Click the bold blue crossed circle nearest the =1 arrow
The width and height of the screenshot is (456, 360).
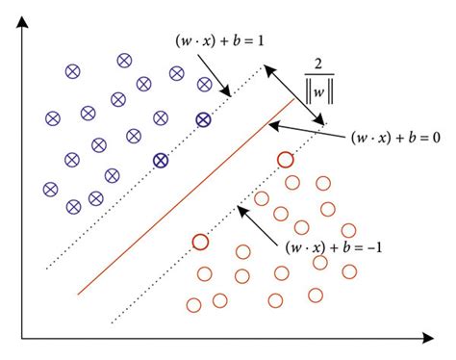tap(203, 119)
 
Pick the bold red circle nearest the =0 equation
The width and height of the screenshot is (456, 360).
tap(284, 159)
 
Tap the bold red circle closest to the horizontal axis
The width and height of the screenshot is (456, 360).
tap(200, 242)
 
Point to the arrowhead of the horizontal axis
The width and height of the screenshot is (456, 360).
tap(424, 338)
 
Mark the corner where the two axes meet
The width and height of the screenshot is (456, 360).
tap(22, 338)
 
